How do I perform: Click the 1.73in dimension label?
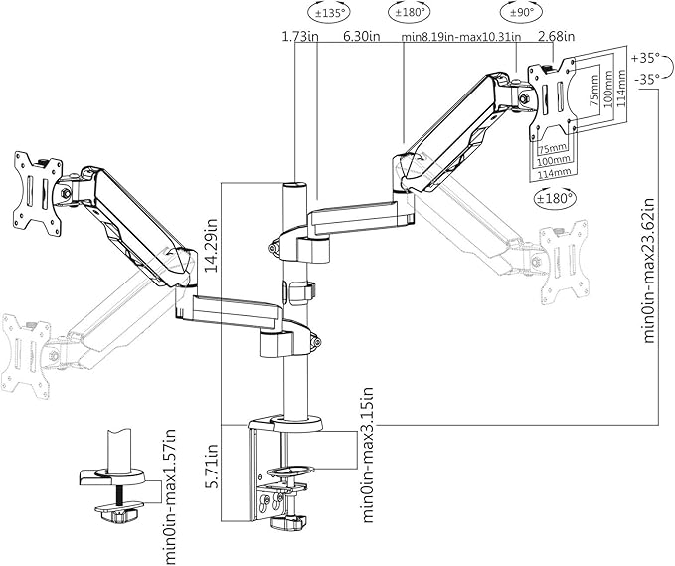pos(299,37)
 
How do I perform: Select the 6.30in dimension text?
pos(360,37)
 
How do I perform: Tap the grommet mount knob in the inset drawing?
pos(118,513)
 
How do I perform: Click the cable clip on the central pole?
pos(302,291)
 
